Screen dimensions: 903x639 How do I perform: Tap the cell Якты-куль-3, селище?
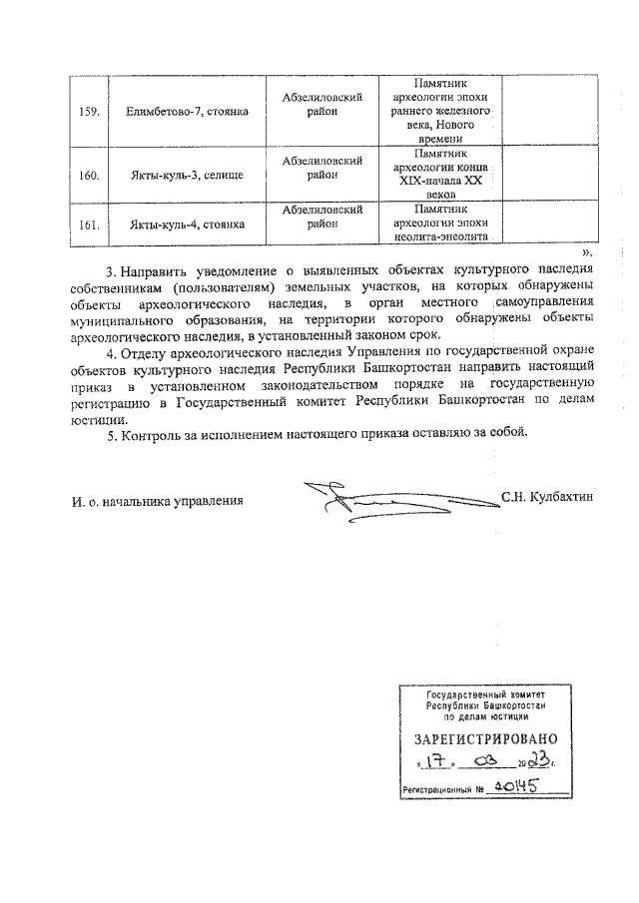(187, 176)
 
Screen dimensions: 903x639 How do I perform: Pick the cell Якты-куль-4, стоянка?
(187, 225)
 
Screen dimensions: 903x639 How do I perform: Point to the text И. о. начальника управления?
(158, 498)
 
